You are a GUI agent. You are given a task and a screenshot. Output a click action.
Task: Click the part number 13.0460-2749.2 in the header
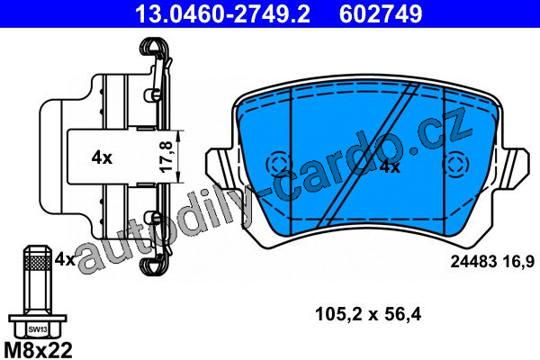click(x=223, y=14)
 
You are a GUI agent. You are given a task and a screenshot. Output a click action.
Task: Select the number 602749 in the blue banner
click(x=381, y=14)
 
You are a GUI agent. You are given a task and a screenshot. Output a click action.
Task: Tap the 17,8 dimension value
click(x=166, y=157)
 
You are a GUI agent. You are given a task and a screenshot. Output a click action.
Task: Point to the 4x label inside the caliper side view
click(x=102, y=157)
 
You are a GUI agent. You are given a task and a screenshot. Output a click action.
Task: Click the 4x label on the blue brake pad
click(x=390, y=167)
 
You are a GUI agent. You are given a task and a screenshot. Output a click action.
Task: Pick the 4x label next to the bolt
click(x=65, y=259)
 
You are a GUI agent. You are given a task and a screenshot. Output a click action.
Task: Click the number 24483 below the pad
click(x=473, y=262)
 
